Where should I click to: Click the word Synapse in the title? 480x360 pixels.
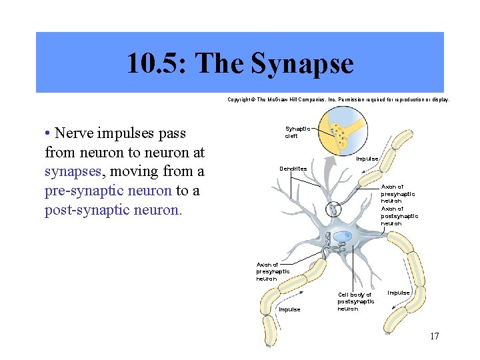pyautogui.click(x=302, y=64)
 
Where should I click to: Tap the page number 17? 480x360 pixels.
pyautogui.click(x=434, y=336)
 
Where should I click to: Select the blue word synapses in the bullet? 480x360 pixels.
pyautogui.click(x=73, y=171)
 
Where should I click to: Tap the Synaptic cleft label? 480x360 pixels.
pyautogui.click(x=297, y=132)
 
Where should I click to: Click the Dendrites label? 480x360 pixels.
pyautogui.click(x=293, y=169)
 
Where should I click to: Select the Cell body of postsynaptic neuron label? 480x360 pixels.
pyautogui.click(x=355, y=301)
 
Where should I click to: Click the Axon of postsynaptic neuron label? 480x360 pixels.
pyautogui.click(x=399, y=216)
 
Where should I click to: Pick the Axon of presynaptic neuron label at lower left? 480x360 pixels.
pyautogui.click(x=273, y=272)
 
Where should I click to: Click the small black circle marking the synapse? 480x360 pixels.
pyautogui.click(x=333, y=210)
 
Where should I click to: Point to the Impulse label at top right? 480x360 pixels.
pyautogui.click(x=367, y=159)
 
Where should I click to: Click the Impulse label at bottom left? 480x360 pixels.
pyautogui.click(x=289, y=309)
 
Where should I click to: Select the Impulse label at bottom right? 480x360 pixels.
pyautogui.click(x=399, y=293)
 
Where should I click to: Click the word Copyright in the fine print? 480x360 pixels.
pyautogui.click(x=240, y=99)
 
